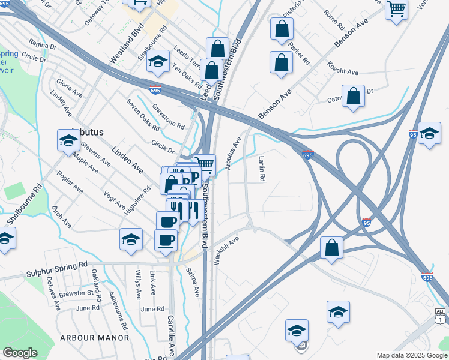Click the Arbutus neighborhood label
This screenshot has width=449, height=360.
88,132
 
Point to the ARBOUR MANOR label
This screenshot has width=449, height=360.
94,338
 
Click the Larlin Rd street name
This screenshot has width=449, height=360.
262,169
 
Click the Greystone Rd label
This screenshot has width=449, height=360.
168,116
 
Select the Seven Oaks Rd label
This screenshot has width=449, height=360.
143,115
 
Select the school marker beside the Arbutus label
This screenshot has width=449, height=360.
68,140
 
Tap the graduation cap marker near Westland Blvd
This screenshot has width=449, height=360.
158,62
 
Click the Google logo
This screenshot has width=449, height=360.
20,353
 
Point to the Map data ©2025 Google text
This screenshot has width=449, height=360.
411,355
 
